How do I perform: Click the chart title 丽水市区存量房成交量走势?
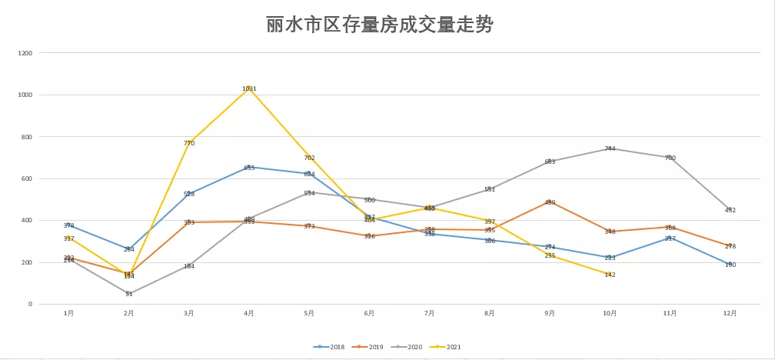[x=379, y=25]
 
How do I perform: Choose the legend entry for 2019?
[x=372, y=347]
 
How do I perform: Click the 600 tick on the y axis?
[x=27, y=178]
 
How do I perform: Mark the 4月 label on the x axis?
[x=249, y=313]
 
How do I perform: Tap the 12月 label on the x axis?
[x=730, y=313]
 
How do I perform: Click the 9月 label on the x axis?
[x=550, y=313]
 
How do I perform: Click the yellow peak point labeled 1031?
[x=249, y=88]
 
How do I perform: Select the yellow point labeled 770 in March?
[x=189, y=142]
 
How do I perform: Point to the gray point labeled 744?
[x=610, y=148]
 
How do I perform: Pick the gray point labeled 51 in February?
[x=129, y=293]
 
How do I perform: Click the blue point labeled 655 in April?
[x=249, y=167]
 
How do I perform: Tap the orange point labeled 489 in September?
[x=550, y=202]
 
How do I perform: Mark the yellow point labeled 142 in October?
[x=610, y=274]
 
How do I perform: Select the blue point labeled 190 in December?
[x=730, y=264]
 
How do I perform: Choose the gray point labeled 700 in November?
[x=670, y=158]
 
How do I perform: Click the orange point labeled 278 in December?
[x=730, y=245]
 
